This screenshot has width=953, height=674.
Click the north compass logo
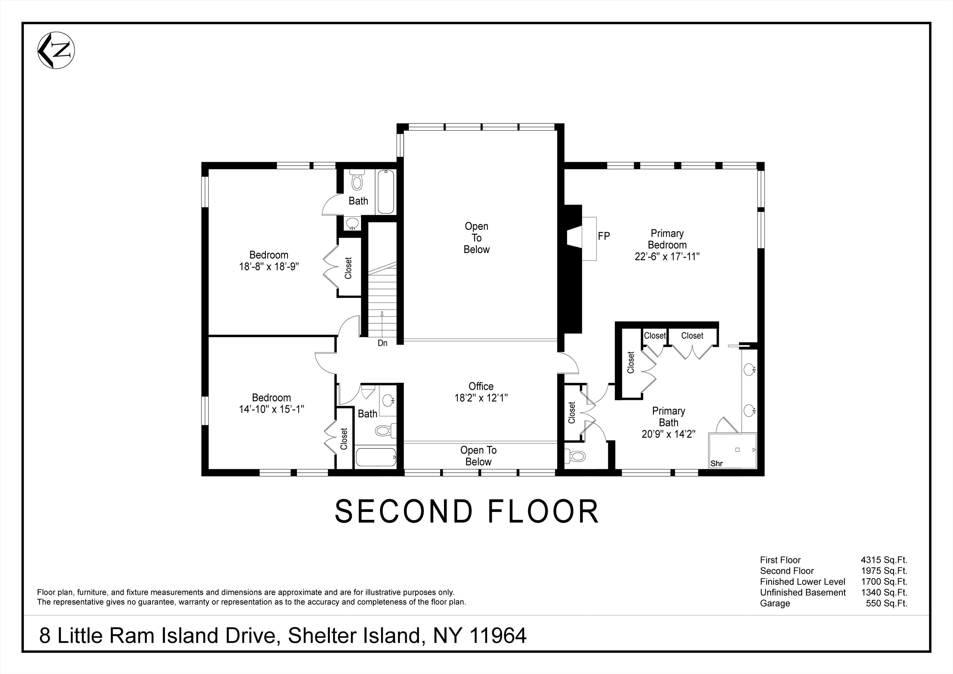[56, 51]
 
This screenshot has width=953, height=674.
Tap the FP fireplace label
[604, 236]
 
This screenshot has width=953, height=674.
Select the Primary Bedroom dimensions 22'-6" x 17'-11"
[667, 256]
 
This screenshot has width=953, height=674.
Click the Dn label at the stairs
[382, 343]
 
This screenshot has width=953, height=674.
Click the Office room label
[481, 386]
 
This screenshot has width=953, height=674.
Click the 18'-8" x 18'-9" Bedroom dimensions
[268, 266]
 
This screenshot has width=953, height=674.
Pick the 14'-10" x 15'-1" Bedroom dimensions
[271, 409]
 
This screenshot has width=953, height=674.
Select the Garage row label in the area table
[775, 603]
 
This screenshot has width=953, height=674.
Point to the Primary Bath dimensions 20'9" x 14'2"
[668, 434]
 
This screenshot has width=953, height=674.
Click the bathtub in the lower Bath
[376, 457]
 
